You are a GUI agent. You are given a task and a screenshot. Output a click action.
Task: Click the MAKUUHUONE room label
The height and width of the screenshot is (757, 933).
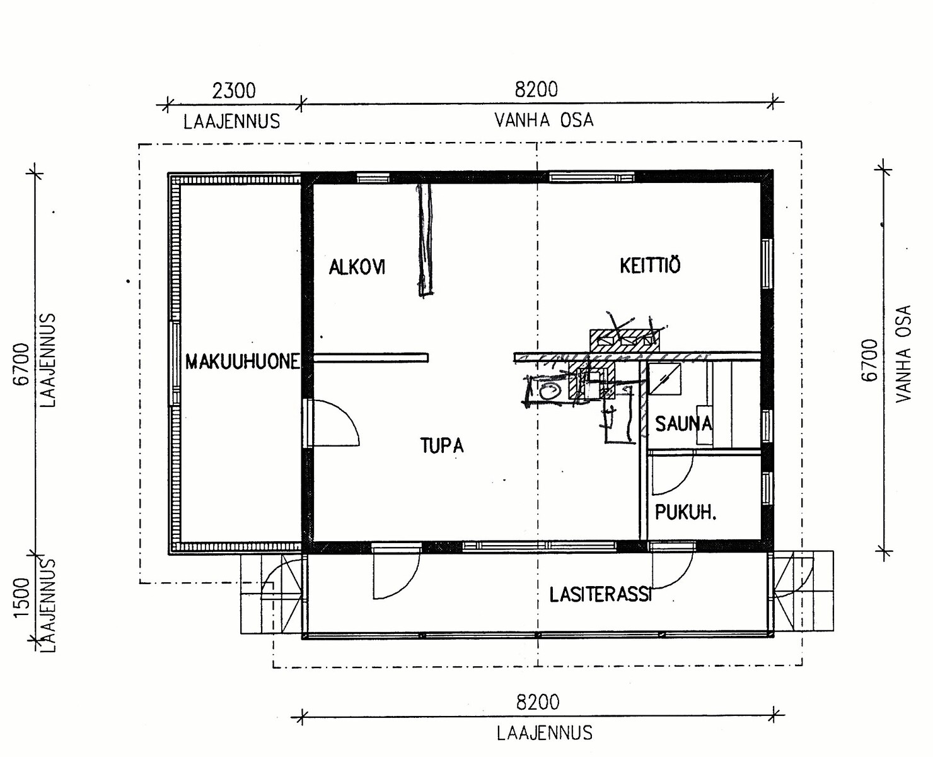point(243,362)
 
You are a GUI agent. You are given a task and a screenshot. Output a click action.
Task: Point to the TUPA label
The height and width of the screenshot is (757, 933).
point(442,445)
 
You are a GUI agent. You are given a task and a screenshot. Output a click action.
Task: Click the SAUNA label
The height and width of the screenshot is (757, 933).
point(683,423)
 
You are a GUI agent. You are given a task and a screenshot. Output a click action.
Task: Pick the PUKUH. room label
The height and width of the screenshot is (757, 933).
point(685,512)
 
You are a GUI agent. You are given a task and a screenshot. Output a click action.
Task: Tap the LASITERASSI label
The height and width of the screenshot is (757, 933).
point(601,594)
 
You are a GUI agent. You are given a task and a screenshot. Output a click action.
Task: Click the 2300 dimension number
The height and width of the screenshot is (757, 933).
point(233,91)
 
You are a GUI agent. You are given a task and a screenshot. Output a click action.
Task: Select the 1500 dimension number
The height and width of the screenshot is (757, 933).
point(22,597)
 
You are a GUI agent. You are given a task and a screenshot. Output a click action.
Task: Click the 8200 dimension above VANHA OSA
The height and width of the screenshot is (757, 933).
point(536,90)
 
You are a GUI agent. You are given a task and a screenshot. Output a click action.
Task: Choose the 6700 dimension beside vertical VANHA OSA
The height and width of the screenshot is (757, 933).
point(869,360)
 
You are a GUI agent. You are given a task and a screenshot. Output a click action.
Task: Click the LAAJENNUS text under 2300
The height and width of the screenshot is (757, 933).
point(232,121)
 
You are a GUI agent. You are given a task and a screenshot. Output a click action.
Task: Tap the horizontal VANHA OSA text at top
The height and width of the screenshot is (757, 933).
point(544,120)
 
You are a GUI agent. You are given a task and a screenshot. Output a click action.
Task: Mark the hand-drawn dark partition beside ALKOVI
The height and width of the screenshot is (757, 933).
point(424,240)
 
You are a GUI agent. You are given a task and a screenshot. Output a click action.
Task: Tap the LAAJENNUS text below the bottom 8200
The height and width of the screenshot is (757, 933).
point(545,733)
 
